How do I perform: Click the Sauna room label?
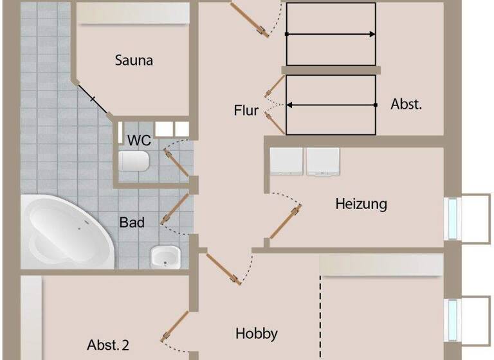coord(134,60)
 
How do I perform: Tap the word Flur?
coord(246,111)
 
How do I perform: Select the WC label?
coord(139,140)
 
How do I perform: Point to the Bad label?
coord(132,222)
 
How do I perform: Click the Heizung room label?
coord(361,204)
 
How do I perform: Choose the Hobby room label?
coord(256,333)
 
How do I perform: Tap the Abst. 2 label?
coord(108,345)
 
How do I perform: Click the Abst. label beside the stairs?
coord(407,104)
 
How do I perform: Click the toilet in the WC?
coord(134,161)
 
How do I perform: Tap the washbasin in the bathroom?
coord(164,257)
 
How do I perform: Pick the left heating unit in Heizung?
coord(286,161)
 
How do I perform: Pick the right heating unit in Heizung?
coord(323,161)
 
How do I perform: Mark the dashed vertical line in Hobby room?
coord(320,315)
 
